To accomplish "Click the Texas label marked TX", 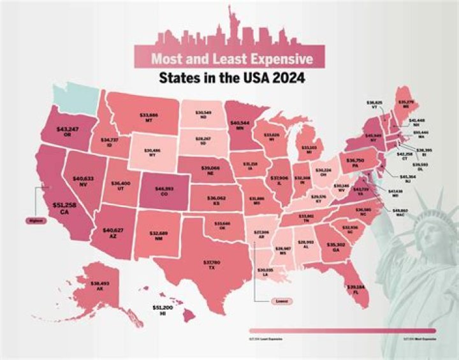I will pos(212,265).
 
